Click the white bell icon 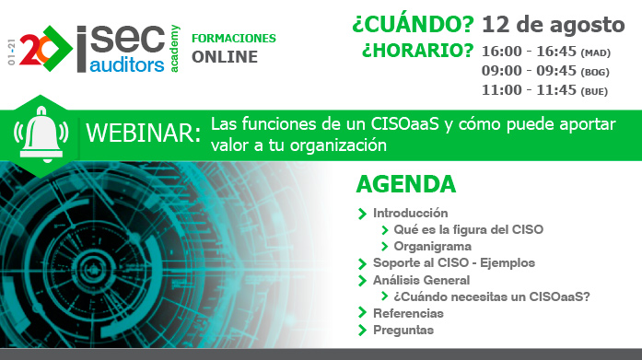pyautogui.click(x=36, y=134)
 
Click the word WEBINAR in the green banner pyautogui.click(x=142, y=134)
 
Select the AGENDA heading pyautogui.click(x=405, y=184)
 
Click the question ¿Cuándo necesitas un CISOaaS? pyautogui.click(x=491, y=296)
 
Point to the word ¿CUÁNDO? pyautogui.click(x=412, y=23)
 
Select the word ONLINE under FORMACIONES pyautogui.click(x=225, y=57)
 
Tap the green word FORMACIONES pyautogui.click(x=233, y=39)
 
